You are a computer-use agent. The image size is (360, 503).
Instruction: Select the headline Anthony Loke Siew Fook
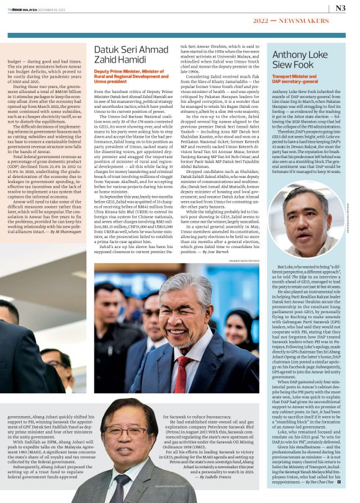pyautogui.click(x=299, y=60)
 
